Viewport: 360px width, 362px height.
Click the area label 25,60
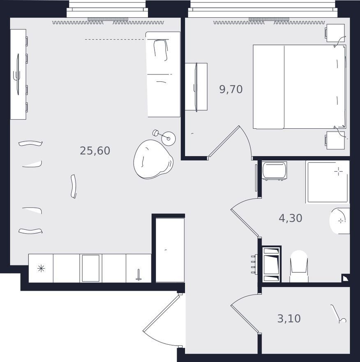point(95,151)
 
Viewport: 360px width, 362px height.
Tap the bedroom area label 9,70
point(231,89)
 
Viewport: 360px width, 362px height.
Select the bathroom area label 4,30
point(291,218)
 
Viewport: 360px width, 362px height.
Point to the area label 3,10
point(289,318)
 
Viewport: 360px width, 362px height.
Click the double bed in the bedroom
point(300,87)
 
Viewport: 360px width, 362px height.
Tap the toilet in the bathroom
point(299,266)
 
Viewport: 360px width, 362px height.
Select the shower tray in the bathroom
point(328,182)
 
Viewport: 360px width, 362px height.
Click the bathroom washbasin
point(340,221)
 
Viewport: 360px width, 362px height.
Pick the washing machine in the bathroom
point(274,171)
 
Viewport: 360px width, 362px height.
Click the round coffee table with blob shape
point(153,159)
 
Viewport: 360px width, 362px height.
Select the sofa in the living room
point(163,74)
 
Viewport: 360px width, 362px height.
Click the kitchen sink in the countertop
point(91,268)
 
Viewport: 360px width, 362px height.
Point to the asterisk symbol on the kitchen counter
point(41,268)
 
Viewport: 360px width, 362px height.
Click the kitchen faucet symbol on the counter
point(138,275)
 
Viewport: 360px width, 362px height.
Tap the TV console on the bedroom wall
point(196,87)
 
